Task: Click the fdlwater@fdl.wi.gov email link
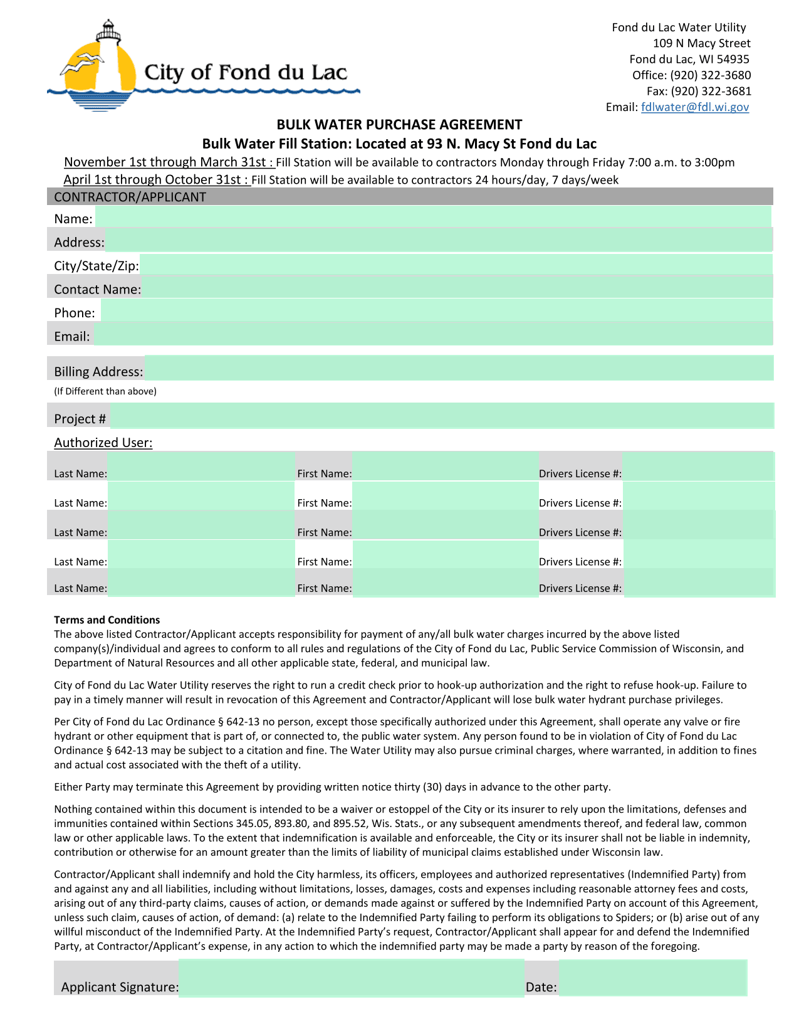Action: (694, 107)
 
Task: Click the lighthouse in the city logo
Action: (110, 60)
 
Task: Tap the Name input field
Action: (432, 218)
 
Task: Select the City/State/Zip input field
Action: (456, 265)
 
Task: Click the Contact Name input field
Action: (457, 288)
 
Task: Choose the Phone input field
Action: (436, 312)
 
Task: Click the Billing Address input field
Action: (459, 369)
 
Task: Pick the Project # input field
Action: (441, 416)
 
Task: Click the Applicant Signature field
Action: (351, 978)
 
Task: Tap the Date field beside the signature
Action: (652, 978)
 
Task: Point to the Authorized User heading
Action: (103, 443)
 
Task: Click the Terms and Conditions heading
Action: (107, 620)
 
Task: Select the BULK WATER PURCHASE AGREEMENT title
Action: (399, 125)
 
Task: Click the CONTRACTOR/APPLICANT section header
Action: (130, 197)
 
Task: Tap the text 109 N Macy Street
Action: (701, 43)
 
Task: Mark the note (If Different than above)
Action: (105, 391)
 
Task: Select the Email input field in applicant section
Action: (432, 335)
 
